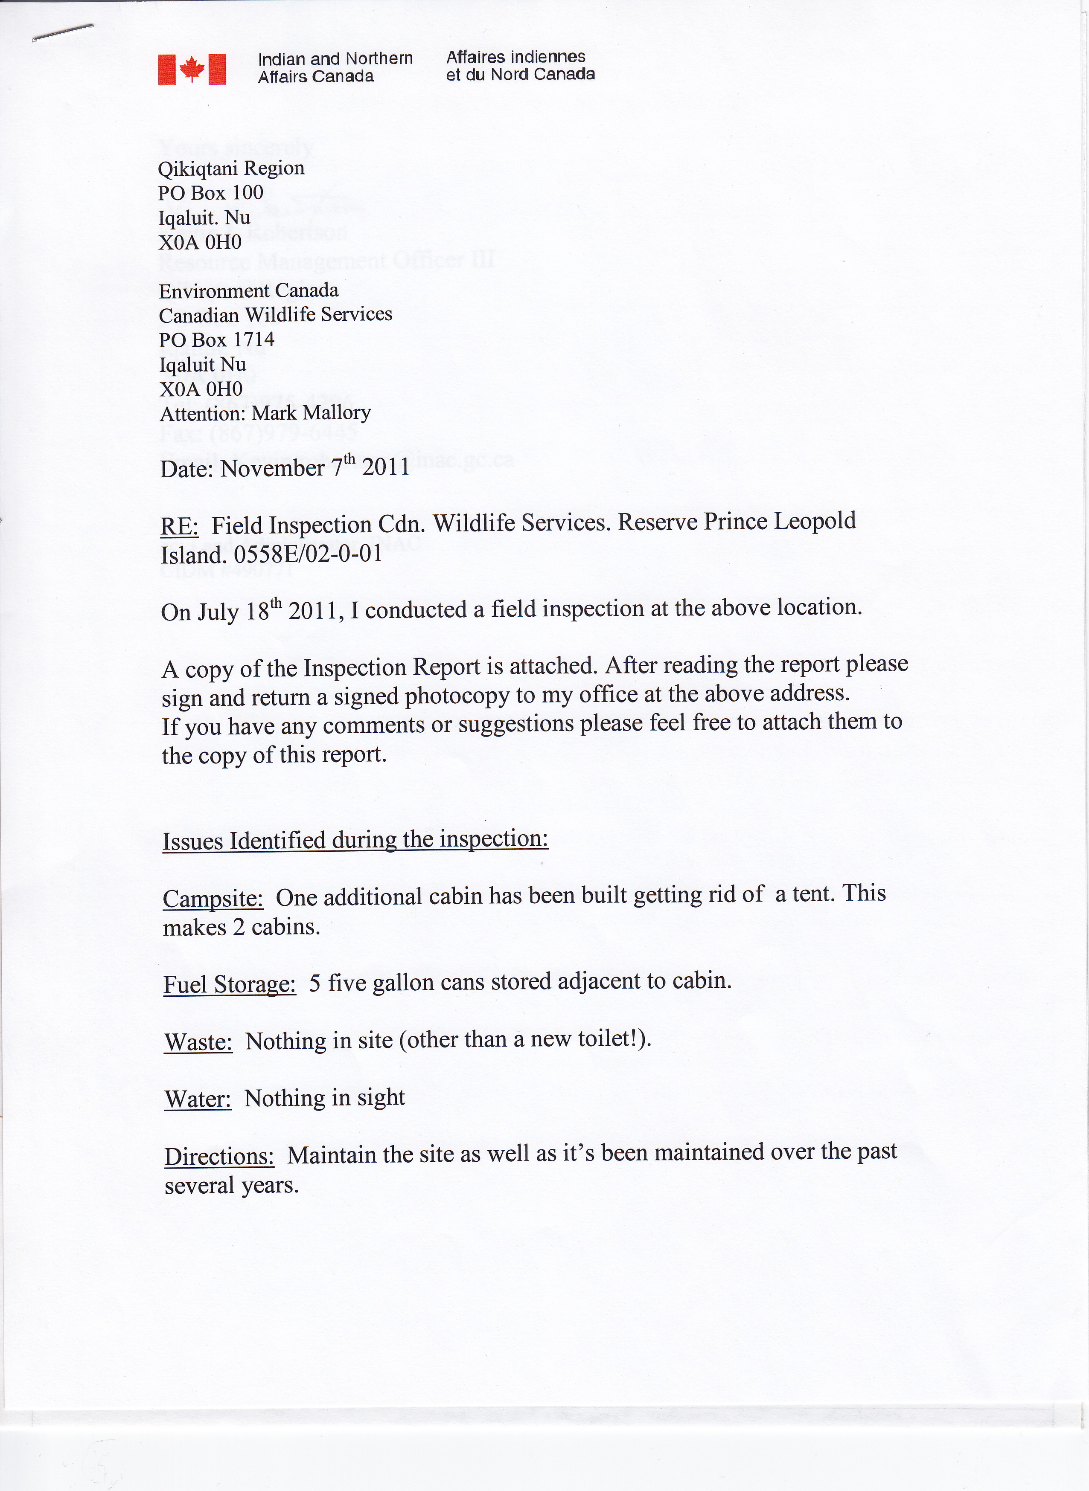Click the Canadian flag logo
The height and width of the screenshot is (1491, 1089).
click(x=192, y=69)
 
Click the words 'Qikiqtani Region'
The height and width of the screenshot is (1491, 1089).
click(x=231, y=168)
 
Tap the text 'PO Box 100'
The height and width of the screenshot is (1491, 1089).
click(x=210, y=193)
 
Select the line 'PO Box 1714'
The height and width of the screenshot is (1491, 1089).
click(x=216, y=340)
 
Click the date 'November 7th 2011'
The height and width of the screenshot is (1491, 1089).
click(x=315, y=467)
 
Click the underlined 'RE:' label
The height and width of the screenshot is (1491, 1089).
click(x=179, y=526)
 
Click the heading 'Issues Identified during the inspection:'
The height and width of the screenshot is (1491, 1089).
click(x=355, y=840)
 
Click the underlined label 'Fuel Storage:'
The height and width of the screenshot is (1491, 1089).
click(x=230, y=984)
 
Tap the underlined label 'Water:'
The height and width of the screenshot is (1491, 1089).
click(x=198, y=1099)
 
